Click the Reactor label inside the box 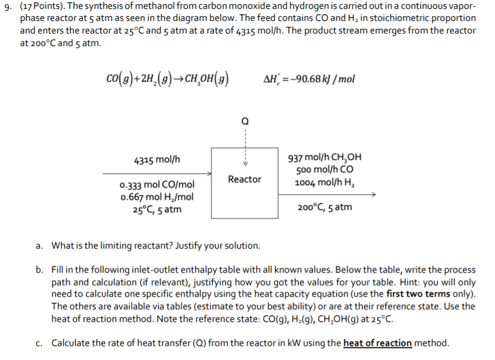click(244, 179)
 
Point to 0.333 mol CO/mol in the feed click(156, 186)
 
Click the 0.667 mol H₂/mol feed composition click(156, 197)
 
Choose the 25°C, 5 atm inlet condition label click(156, 209)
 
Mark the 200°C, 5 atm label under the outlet click(324, 207)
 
